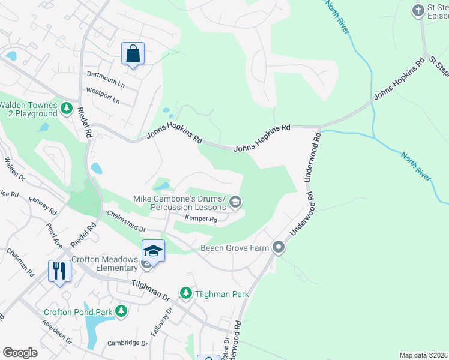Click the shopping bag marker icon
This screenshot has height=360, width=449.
(x=133, y=53)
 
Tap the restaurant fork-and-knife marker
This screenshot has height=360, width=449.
(x=60, y=271)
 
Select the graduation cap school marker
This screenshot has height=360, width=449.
(x=153, y=251)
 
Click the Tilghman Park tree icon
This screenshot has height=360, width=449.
(x=186, y=293)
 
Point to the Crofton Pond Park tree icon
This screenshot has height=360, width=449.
(x=122, y=311)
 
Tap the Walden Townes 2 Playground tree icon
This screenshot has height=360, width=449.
(x=66, y=109)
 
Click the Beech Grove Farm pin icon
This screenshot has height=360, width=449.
(x=278, y=247)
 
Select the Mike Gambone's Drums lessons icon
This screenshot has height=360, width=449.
(x=235, y=203)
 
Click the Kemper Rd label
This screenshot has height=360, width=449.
(x=201, y=219)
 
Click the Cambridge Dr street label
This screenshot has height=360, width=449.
(x=127, y=343)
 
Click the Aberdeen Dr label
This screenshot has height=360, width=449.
(x=57, y=331)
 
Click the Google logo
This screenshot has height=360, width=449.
(x=20, y=352)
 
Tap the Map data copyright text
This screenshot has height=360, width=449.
(x=423, y=355)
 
